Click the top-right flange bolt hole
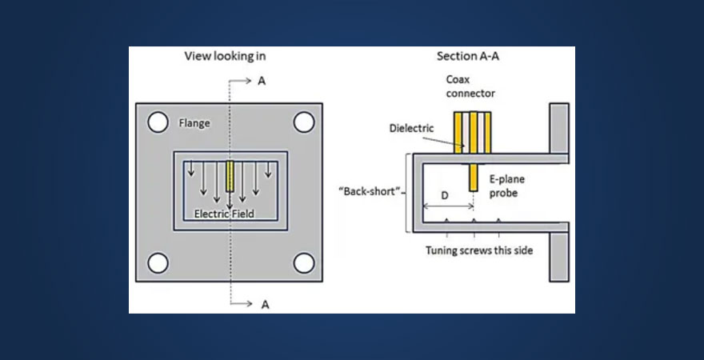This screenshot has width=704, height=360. coord(303,122)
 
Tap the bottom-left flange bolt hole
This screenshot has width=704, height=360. coord(158,262)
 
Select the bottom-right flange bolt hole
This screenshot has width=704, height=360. coord(303,262)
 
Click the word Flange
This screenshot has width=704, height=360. coord(194,123)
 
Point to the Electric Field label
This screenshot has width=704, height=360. coord(225,214)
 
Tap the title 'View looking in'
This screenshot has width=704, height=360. coord(225,56)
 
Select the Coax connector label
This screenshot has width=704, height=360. coord(470,86)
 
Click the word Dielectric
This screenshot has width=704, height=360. coord(411,127)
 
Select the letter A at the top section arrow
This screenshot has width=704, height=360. coord(262,81)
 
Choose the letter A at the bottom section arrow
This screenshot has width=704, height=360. coord(262,304)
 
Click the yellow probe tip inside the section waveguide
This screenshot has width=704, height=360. coord(474,177)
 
